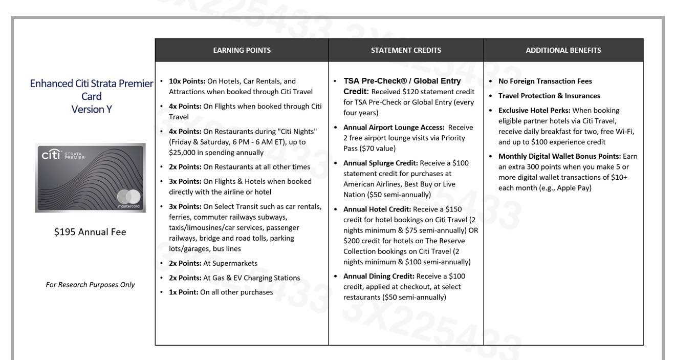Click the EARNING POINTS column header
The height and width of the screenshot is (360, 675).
coord(242,50)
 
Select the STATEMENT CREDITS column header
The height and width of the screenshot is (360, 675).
coord(406,50)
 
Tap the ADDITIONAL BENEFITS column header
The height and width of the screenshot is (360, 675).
coord(563,50)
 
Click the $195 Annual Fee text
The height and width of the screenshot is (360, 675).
coord(90,231)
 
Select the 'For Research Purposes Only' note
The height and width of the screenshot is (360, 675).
coord(90,285)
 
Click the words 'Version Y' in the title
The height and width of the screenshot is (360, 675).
coord(92,109)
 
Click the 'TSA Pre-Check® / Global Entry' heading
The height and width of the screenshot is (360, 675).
coord(402,81)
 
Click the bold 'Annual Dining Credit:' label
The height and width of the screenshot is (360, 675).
coord(379,276)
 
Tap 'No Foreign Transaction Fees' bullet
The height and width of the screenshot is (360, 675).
coord(545,81)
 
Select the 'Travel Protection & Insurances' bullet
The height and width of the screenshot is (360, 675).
coord(549,96)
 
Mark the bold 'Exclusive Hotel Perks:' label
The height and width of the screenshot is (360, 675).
coord(534,110)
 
